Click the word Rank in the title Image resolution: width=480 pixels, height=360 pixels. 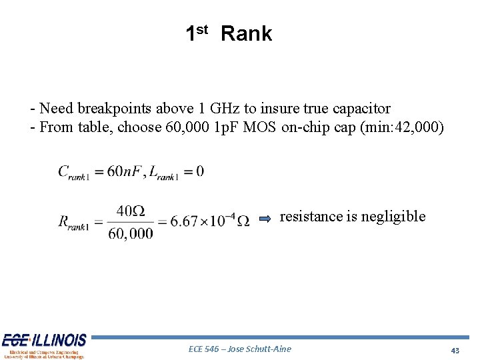coord(246,33)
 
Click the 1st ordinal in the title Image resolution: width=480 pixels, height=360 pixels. coord(197,32)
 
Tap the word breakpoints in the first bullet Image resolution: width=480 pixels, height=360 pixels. coord(116,108)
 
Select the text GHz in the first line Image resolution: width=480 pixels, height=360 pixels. coord(233,108)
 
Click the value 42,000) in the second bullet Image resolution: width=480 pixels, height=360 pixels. coord(419,127)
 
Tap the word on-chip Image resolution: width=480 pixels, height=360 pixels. coord(305,127)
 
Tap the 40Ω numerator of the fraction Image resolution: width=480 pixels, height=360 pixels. coord(131,211)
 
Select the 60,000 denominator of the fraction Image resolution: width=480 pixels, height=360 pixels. coord(131,233)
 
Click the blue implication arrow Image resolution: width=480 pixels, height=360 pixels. coord(265,218)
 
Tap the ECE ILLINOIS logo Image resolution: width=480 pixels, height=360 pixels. coord(45,345)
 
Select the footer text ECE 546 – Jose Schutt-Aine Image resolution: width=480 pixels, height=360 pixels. coord(240,349)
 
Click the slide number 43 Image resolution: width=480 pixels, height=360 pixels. coord(455,350)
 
